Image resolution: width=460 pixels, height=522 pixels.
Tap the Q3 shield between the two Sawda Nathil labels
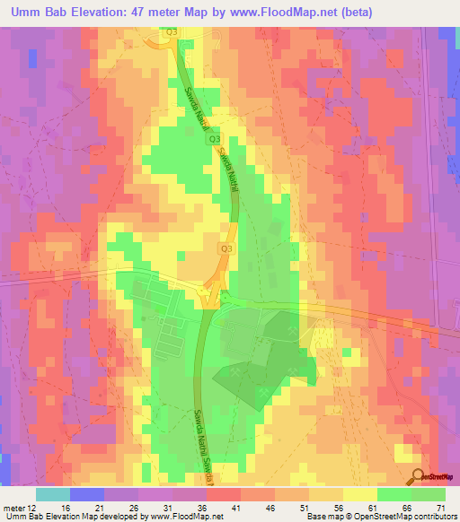tap(214, 139)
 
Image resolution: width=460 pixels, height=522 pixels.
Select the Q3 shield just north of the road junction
tap(226, 248)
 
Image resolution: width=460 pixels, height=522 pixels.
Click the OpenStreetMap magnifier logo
tap(418, 476)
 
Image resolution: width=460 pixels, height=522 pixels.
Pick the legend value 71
tap(442, 509)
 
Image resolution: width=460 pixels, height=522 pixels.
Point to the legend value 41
tap(236, 509)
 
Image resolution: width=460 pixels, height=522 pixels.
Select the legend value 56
tap(339, 509)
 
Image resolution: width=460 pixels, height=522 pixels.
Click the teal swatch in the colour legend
tap(53, 494)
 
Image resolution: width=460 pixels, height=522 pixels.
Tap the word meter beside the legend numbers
tap(13, 509)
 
